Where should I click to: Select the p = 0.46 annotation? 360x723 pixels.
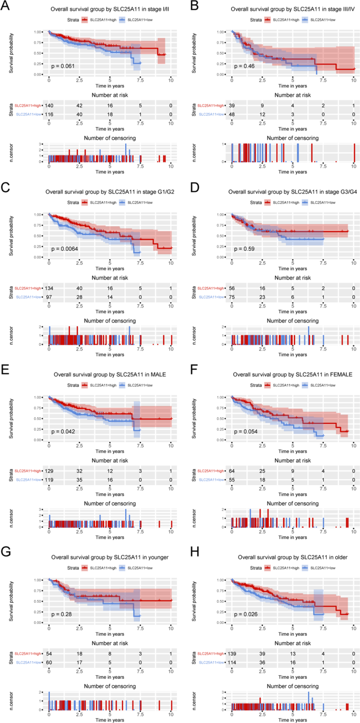click(x=244, y=66)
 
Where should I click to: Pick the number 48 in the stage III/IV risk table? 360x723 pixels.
click(x=232, y=115)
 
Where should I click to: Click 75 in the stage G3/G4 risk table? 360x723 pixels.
click(x=232, y=297)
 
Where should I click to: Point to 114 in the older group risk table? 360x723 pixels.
click(x=233, y=663)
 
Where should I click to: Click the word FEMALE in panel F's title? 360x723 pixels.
click(x=328, y=374)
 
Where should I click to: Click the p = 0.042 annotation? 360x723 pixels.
click(x=63, y=431)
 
